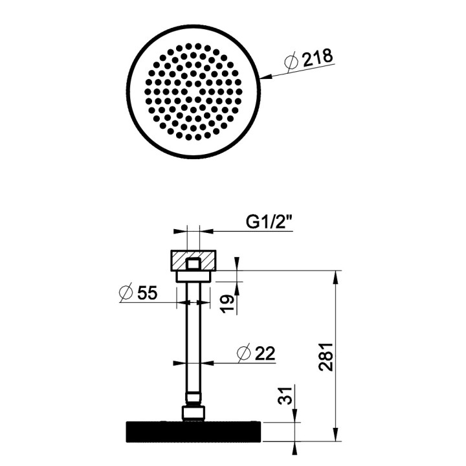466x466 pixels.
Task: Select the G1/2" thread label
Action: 270,223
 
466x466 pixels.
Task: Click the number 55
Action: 147,293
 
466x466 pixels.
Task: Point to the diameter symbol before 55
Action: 126,293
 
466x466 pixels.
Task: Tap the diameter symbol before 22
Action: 243,353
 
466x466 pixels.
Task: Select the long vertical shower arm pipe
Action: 192,337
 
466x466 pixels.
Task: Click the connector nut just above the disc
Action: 192,412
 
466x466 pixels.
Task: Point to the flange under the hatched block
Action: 192,276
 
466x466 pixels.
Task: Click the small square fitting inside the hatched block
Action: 192,263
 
